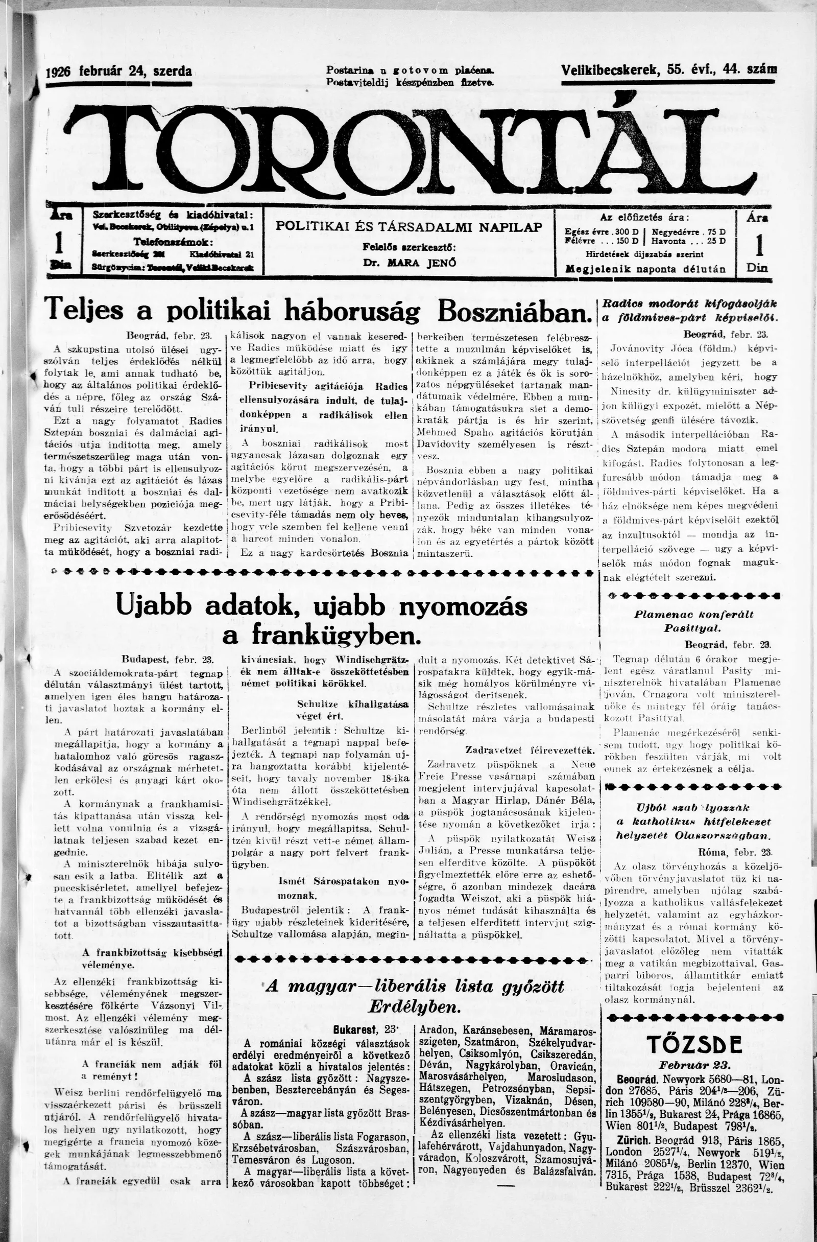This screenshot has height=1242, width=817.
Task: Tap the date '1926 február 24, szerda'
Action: click(x=119, y=71)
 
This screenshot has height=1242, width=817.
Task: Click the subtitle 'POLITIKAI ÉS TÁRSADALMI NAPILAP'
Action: click(x=409, y=227)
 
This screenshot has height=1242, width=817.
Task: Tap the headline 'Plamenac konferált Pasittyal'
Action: click(x=693, y=622)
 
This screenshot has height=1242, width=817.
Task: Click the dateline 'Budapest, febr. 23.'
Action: click(x=168, y=659)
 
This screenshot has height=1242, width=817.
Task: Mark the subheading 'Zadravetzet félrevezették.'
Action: click(x=530, y=751)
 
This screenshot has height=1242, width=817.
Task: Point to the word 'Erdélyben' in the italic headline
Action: click(x=414, y=1006)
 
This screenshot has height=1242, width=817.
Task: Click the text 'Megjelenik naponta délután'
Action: click(x=646, y=269)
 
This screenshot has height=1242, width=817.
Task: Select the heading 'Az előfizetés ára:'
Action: click(x=645, y=217)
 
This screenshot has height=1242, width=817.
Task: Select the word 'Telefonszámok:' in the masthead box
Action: click(x=172, y=243)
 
